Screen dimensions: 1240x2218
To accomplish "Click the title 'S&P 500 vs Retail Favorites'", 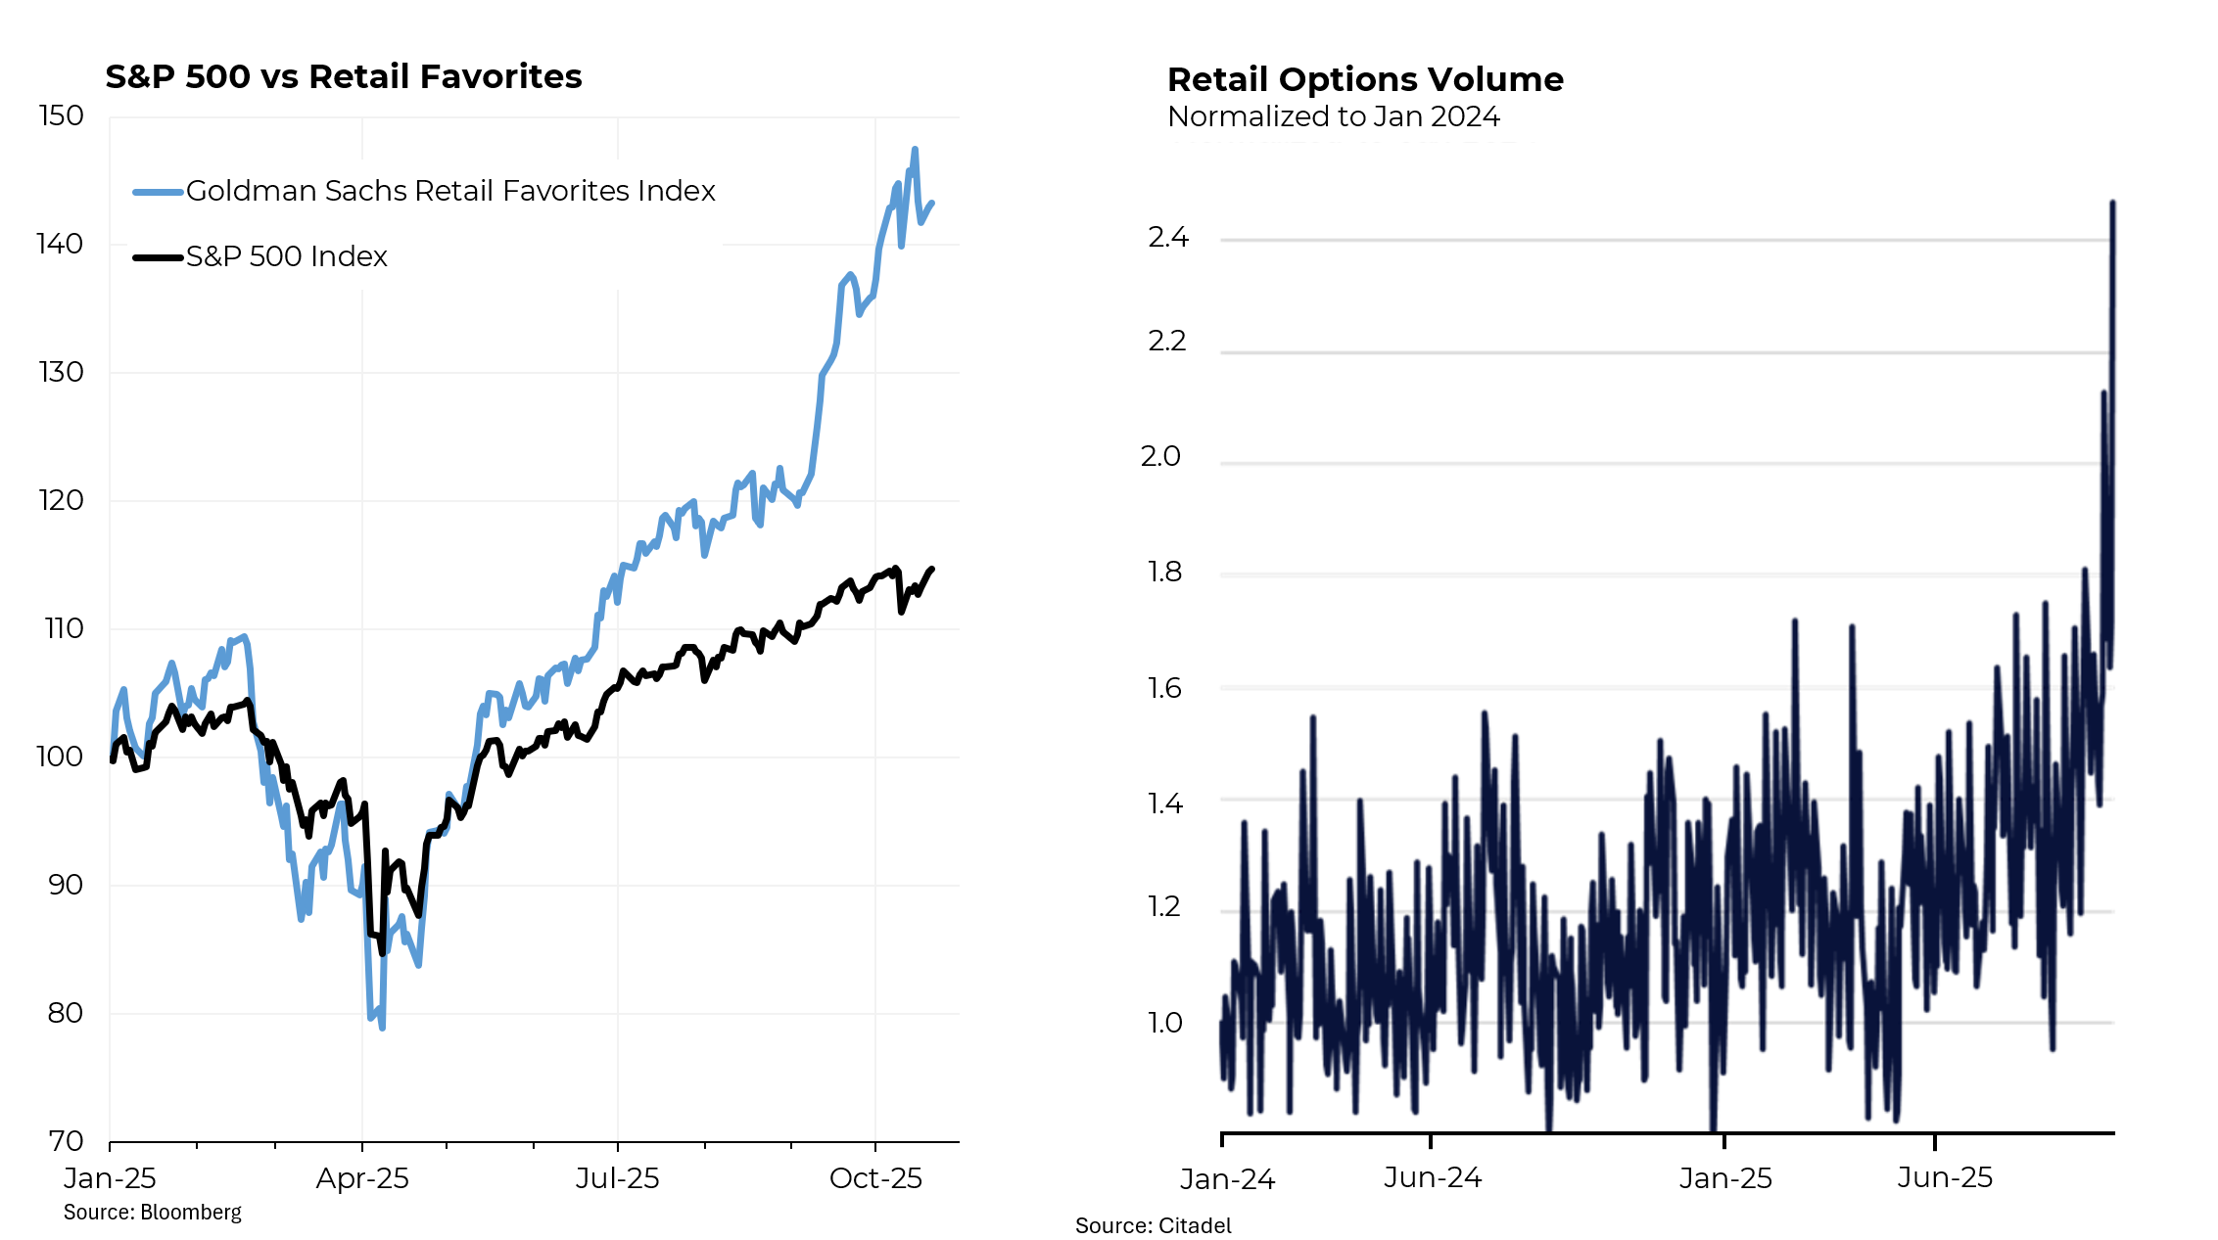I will click(x=343, y=76).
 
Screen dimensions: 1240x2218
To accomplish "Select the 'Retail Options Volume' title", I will click(x=1365, y=79).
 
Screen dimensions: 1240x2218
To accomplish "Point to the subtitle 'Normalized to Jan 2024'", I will click(x=1333, y=116).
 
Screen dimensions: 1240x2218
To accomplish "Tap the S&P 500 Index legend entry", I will click(x=286, y=256).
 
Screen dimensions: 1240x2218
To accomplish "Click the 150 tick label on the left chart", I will click(x=61, y=115).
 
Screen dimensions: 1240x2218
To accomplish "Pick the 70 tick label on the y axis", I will click(x=66, y=1140).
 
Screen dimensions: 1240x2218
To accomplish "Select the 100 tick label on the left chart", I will click(x=61, y=757).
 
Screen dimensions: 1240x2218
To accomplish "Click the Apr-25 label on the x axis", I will click(x=362, y=1178).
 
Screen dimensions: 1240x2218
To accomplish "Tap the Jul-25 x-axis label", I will click(x=617, y=1178).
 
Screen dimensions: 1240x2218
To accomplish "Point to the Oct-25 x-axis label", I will click(x=875, y=1178).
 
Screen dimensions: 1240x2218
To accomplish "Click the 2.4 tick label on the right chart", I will click(x=1168, y=238).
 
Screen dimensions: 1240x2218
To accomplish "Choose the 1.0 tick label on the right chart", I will click(x=1165, y=1023).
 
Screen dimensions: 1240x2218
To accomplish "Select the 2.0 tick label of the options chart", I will click(x=1161, y=456).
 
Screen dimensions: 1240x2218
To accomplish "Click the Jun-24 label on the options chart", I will click(x=1433, y=1177).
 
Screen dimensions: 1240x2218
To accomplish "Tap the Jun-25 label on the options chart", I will click(x=1945, y=1177).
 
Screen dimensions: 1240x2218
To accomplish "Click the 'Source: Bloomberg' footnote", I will click(x=153, y=1213).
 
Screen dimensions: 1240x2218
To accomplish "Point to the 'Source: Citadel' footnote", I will click(x=1154, y=1225).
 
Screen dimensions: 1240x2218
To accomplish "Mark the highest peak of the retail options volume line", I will click(x=2112, y=203).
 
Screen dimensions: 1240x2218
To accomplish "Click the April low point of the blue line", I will click(x=382, y=1028).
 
